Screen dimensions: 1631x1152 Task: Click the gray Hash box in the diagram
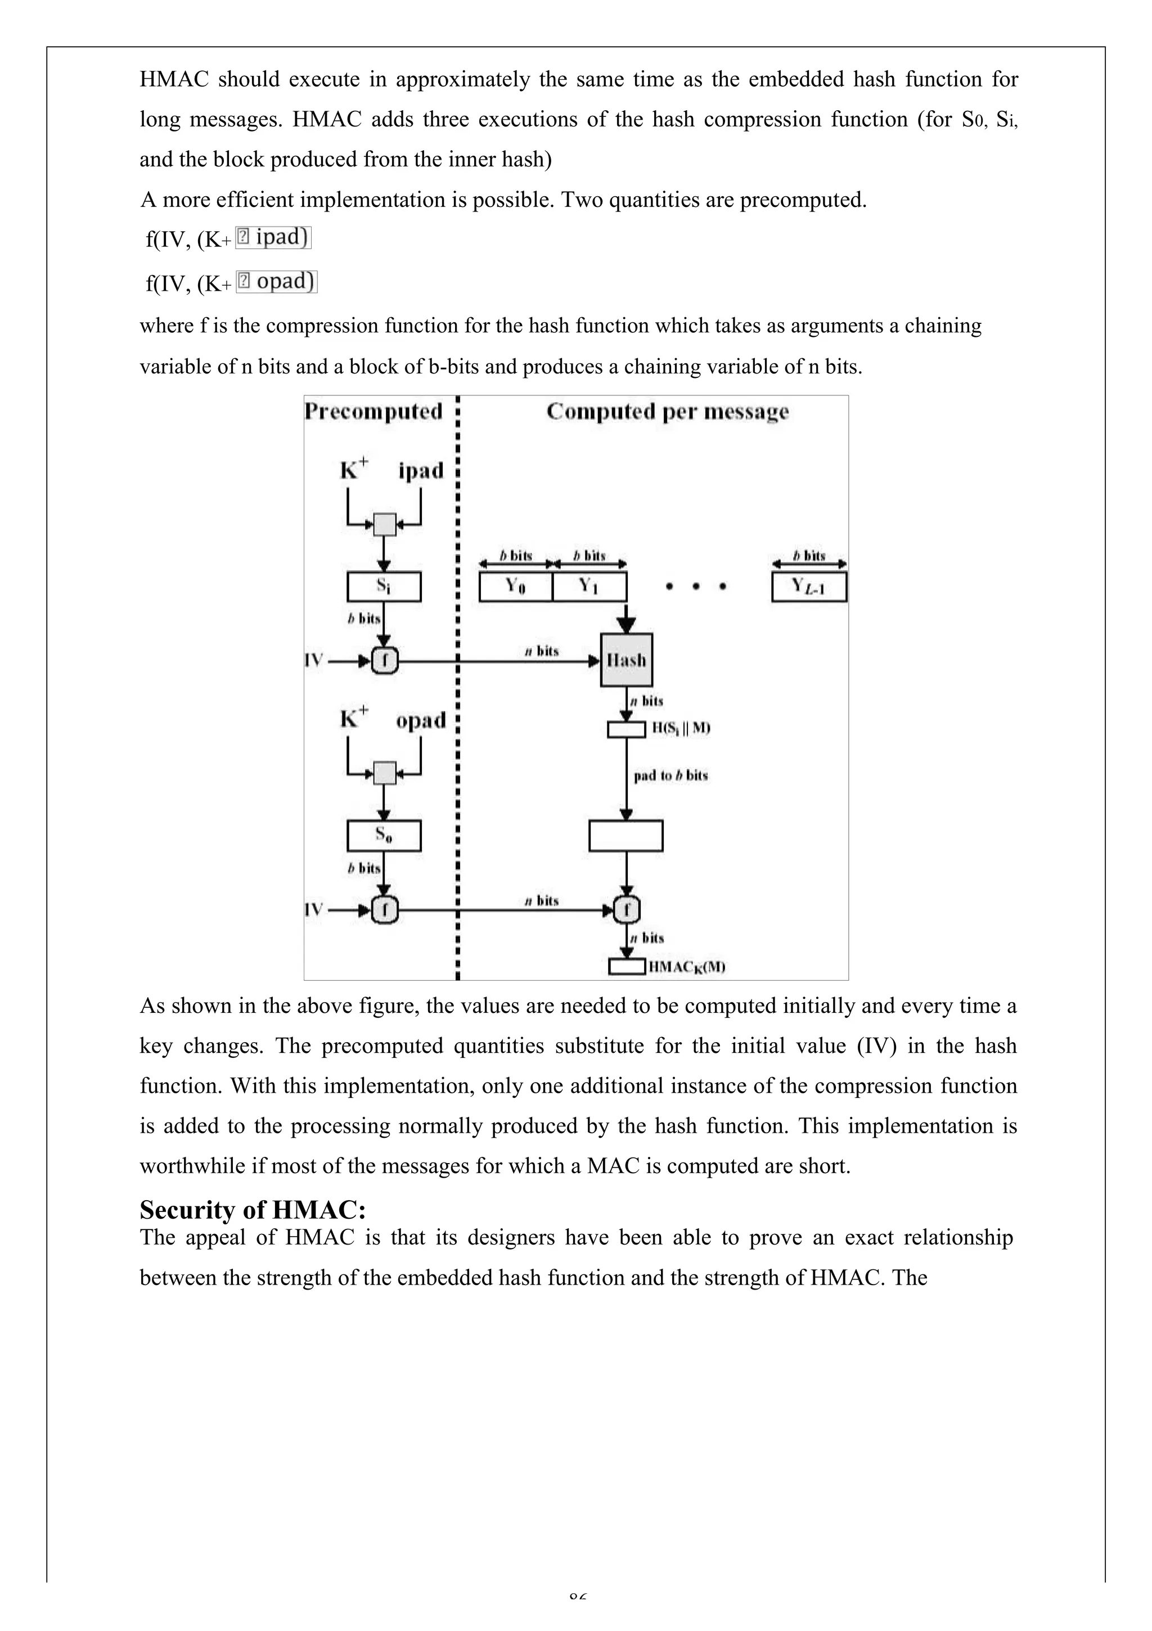coord(626,660)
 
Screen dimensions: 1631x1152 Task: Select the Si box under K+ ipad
coord(384,587)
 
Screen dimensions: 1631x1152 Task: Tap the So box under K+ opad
coord(384,836)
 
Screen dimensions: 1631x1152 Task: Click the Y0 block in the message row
coord(515,587)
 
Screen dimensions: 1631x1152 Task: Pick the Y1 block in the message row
coord(589,587)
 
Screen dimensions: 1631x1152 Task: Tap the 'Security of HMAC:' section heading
coord(253,1209)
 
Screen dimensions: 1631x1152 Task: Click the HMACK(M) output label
coord(686,967)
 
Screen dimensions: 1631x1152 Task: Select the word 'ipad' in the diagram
coord(421,470)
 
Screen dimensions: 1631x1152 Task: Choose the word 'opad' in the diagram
coord(421,720)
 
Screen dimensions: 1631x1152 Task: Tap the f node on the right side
coord(627,909)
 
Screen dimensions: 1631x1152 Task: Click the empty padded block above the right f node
coord(626,836)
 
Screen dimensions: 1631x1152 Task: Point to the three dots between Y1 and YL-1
coord(696,587)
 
